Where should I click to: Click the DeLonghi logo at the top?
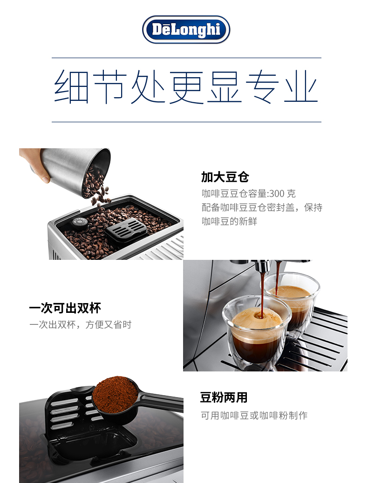pos(186,29)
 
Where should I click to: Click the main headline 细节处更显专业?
pos(186,86)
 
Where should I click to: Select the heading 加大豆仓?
pos(225,177)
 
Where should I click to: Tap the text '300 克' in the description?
pos(282,193)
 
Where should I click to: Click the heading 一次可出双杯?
pos(65,308)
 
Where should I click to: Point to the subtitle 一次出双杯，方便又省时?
pos(80,324)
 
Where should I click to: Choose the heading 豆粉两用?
pos(224,397)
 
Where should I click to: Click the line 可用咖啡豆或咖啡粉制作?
pos(254,415)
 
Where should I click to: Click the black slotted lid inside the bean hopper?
pos(126,230)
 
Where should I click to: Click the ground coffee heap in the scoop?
pos(115,395)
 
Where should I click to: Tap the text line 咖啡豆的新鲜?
pos(229,221)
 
